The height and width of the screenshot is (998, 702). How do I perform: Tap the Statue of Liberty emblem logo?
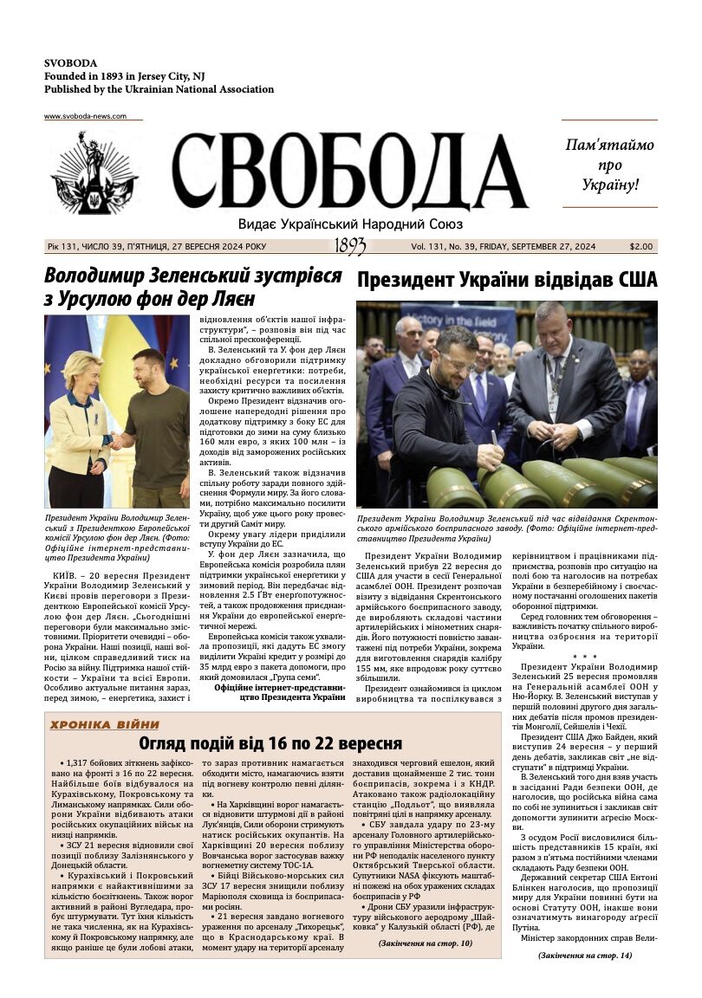pos(94,173)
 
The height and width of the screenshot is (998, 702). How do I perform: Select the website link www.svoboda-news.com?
pos(85,116)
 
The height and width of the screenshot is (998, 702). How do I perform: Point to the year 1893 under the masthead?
pos(350,247)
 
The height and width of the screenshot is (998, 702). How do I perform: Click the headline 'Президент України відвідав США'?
pos(507,280)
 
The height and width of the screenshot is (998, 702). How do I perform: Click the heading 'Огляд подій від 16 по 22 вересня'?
pos(270,744)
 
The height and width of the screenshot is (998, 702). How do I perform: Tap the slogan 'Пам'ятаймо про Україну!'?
pos(609,165)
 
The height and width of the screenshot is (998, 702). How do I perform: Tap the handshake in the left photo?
pos(116,443)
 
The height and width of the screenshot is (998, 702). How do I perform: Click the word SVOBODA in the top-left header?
pos(70,63)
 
